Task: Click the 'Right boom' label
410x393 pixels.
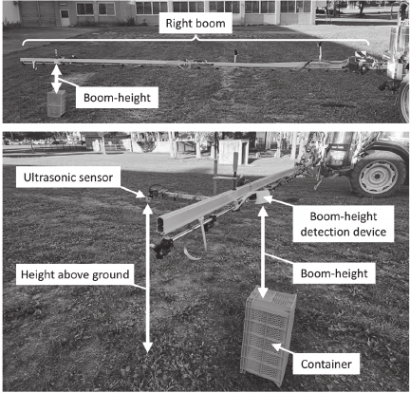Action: (x=196, y=24)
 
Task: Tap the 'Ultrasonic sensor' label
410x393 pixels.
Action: (x=68, y=178)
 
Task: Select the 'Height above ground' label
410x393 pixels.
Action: (x=75, y=274)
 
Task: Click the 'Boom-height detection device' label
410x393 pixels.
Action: (x=344, y=224)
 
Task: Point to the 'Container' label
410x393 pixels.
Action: (x=326, y=365)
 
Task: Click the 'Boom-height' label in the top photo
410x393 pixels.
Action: (x=117, y=98)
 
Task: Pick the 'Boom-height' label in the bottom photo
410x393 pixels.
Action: (x=334, y=273)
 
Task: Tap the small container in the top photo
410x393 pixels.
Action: (x=56, y=103)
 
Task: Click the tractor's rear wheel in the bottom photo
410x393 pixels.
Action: (x=378, y=174)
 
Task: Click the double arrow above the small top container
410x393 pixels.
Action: (x=56, y=79)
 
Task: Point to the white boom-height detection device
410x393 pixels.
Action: (x=264, y=196)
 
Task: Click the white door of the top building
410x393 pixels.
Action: (x=65, y=18)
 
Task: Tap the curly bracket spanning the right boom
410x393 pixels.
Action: (x=196, y=41)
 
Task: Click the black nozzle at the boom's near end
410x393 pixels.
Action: (x=162, y=247)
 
